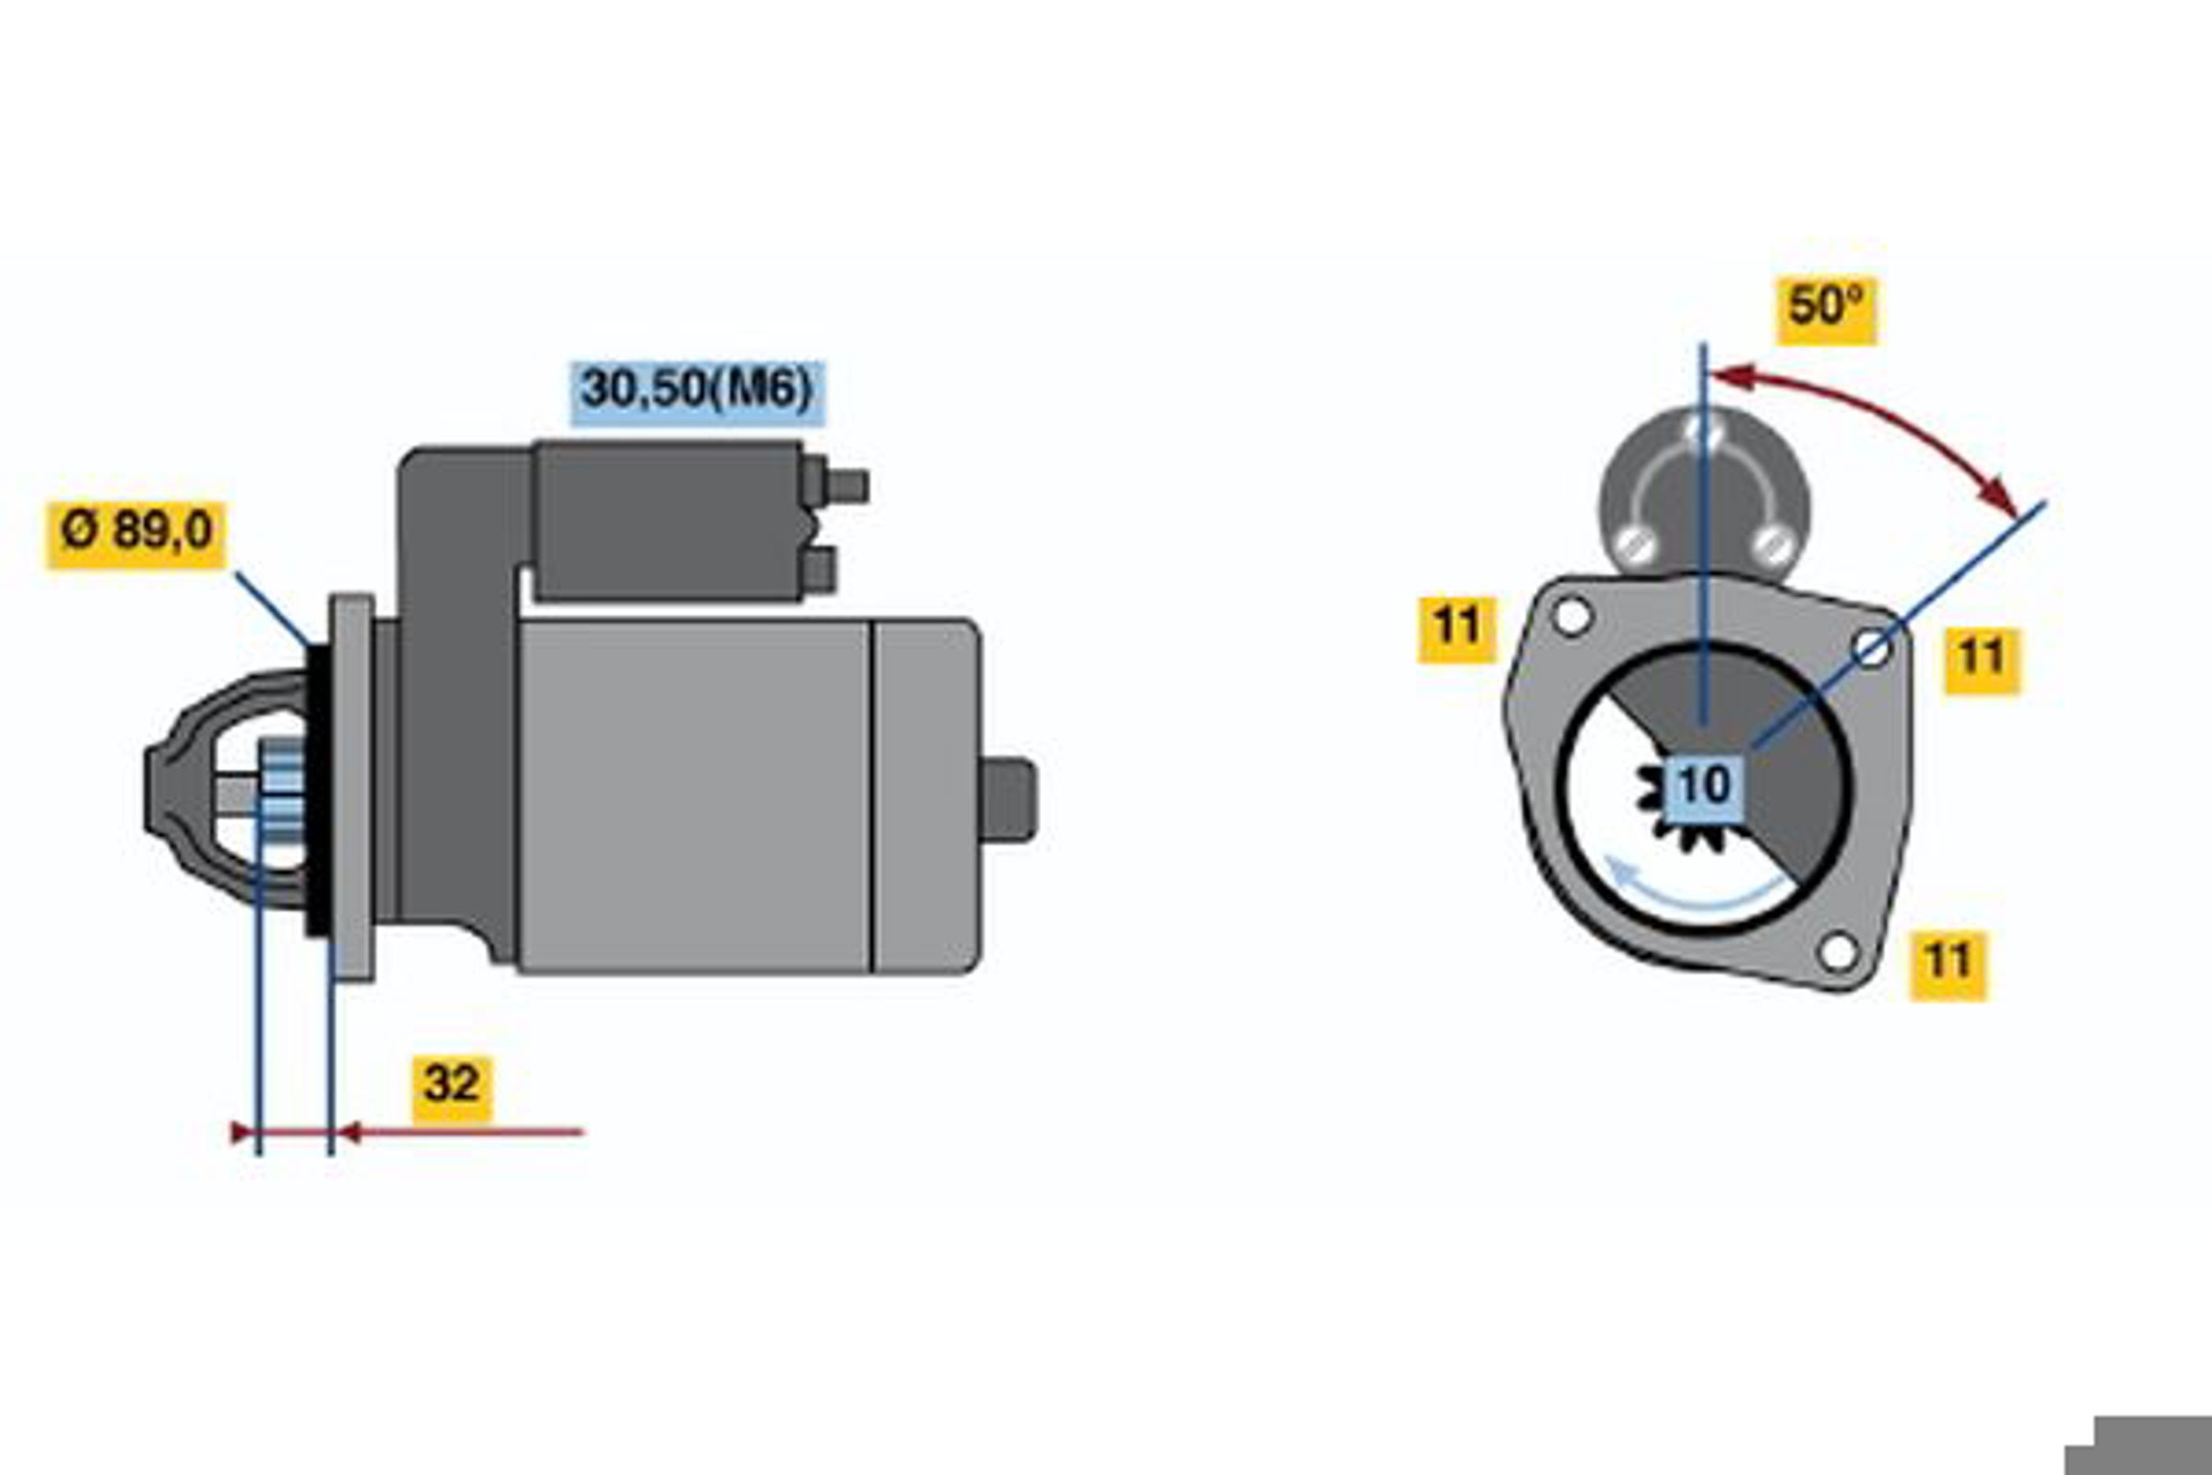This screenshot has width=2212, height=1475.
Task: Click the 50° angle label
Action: tap(1826, 311)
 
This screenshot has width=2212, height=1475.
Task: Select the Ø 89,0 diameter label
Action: tap(136, 535)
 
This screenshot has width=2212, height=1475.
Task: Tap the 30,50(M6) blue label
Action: tap(697, 393)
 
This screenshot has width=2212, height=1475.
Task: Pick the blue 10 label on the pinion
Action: tap(1703, 785)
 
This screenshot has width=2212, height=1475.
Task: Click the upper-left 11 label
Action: tap(1457, 630)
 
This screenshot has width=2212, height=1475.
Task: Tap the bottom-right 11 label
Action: tap(1947, 966)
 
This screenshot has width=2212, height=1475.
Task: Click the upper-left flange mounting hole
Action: tap(1571, 618)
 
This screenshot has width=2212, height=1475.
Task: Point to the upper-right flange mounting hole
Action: tap(1872, 648)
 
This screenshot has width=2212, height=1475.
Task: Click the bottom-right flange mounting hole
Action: tap(1838, 952)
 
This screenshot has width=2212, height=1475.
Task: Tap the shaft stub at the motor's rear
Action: tap(1008, 799)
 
